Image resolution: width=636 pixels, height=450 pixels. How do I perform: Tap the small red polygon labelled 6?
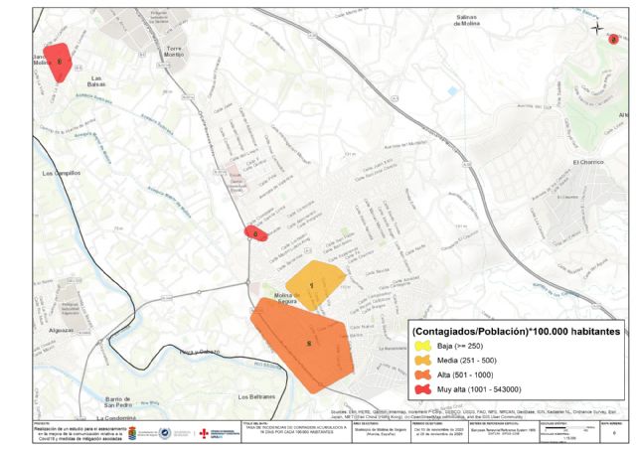(x=255, y=233)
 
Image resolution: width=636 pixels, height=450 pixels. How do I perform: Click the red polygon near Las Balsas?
(x=58, y=63)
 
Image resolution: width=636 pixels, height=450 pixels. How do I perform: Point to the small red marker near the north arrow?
(x=613, y=40)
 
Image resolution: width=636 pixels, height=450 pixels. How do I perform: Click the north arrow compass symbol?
(x=597, y=28)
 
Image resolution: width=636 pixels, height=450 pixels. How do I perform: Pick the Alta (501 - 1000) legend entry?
(x=462, y=375)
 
